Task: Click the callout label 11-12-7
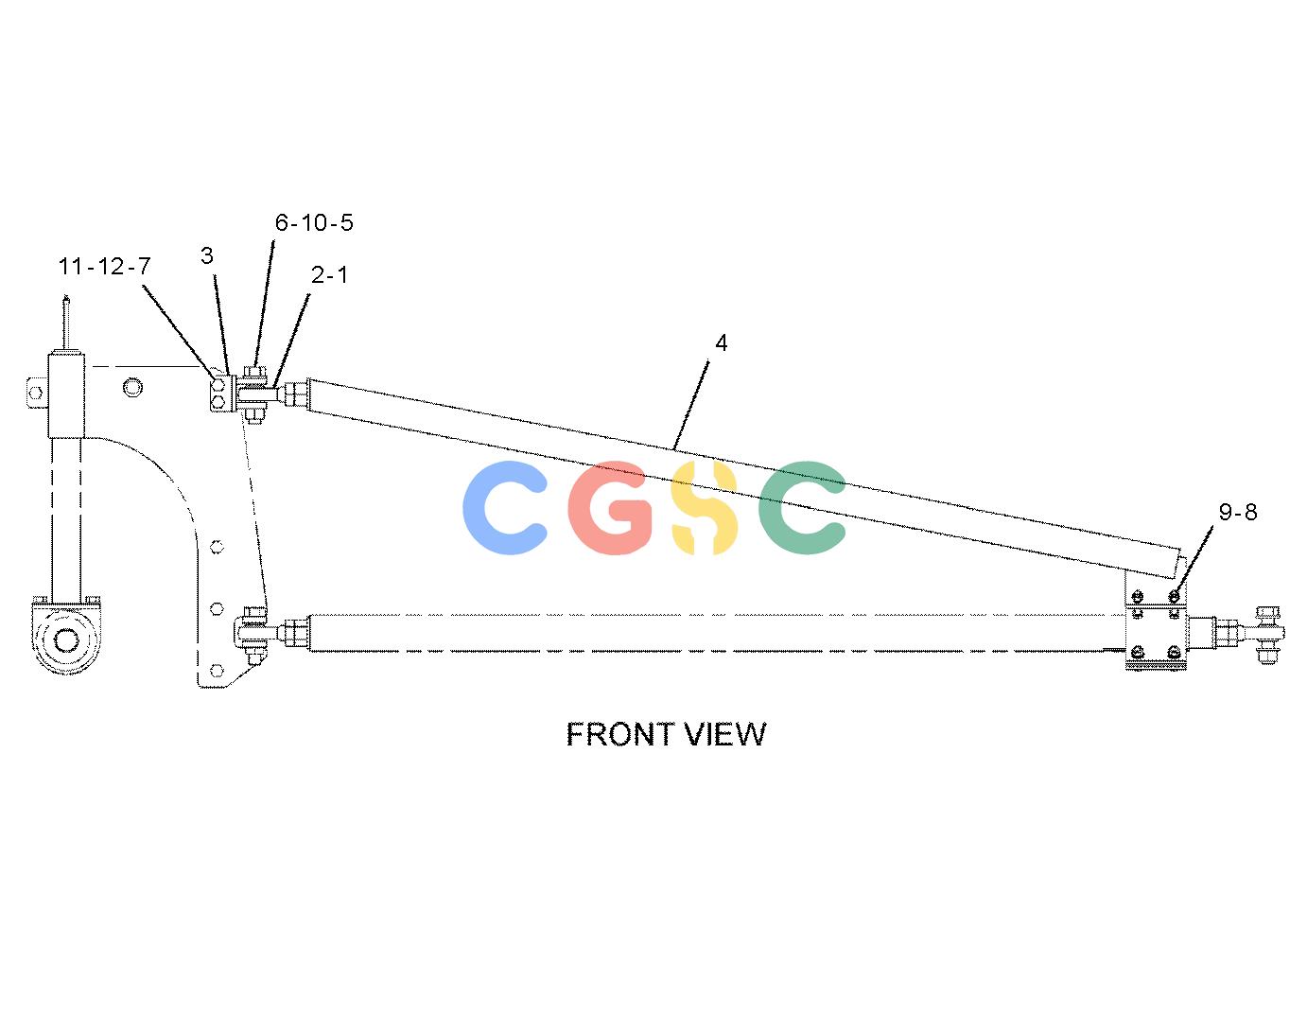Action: (x=105, y=266)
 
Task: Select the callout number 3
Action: (x=207, y=255)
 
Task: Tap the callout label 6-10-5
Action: (x=314, y=222)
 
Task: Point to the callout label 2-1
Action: (x=330, y=275)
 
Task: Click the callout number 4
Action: (x=722, y=343)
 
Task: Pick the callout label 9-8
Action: (x=1238, y=512)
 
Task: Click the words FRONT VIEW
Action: (x=666, y=734)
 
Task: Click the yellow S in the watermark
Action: (x=705, y=508)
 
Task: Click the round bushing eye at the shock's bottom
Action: (x=66, y=639)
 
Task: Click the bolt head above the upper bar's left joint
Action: (x=255, y=372)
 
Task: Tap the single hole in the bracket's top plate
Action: (x=132, y=388)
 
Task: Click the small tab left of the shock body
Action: (x=37, y=394)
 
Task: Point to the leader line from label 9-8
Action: (x=1193, y=559)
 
